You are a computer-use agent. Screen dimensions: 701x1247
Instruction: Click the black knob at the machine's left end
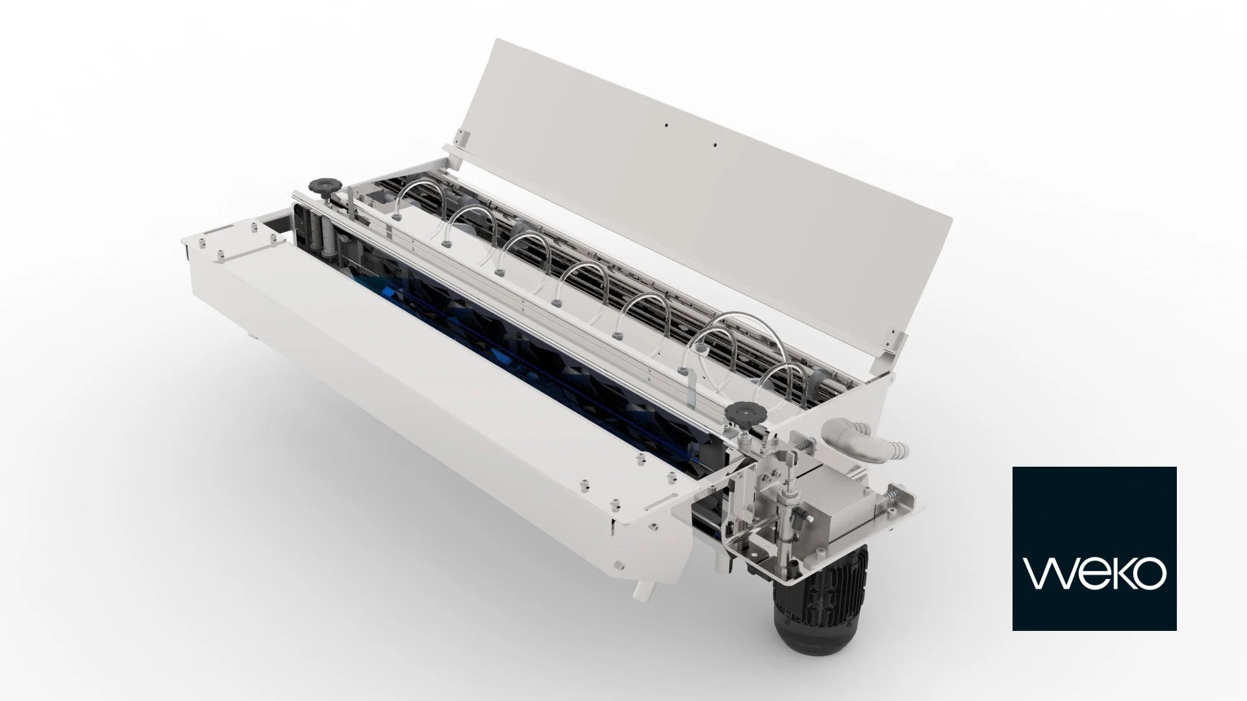tap(320, 186)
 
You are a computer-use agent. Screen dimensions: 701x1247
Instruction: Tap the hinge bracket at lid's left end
tap(461, 138)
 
